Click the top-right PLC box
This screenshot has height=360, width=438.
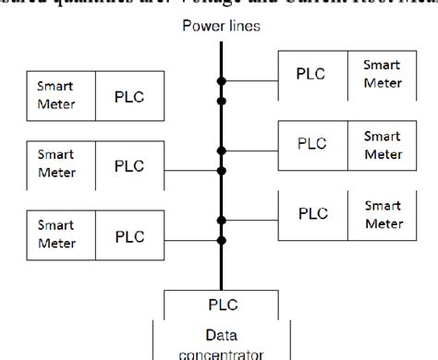tap(311, 71)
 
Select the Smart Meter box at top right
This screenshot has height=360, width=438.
tap(381, 71)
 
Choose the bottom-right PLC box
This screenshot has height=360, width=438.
tap(311, 212)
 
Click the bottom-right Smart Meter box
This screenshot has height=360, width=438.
tap(381, 212)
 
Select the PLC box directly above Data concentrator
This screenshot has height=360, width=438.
tap(219, 304)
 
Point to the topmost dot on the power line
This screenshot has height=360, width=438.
tap(221, 80)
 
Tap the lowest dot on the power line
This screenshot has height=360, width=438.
tap(221, 239)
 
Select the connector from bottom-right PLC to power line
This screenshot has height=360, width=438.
tap(249, 221)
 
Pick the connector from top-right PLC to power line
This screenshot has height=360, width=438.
tap(249, 80)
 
